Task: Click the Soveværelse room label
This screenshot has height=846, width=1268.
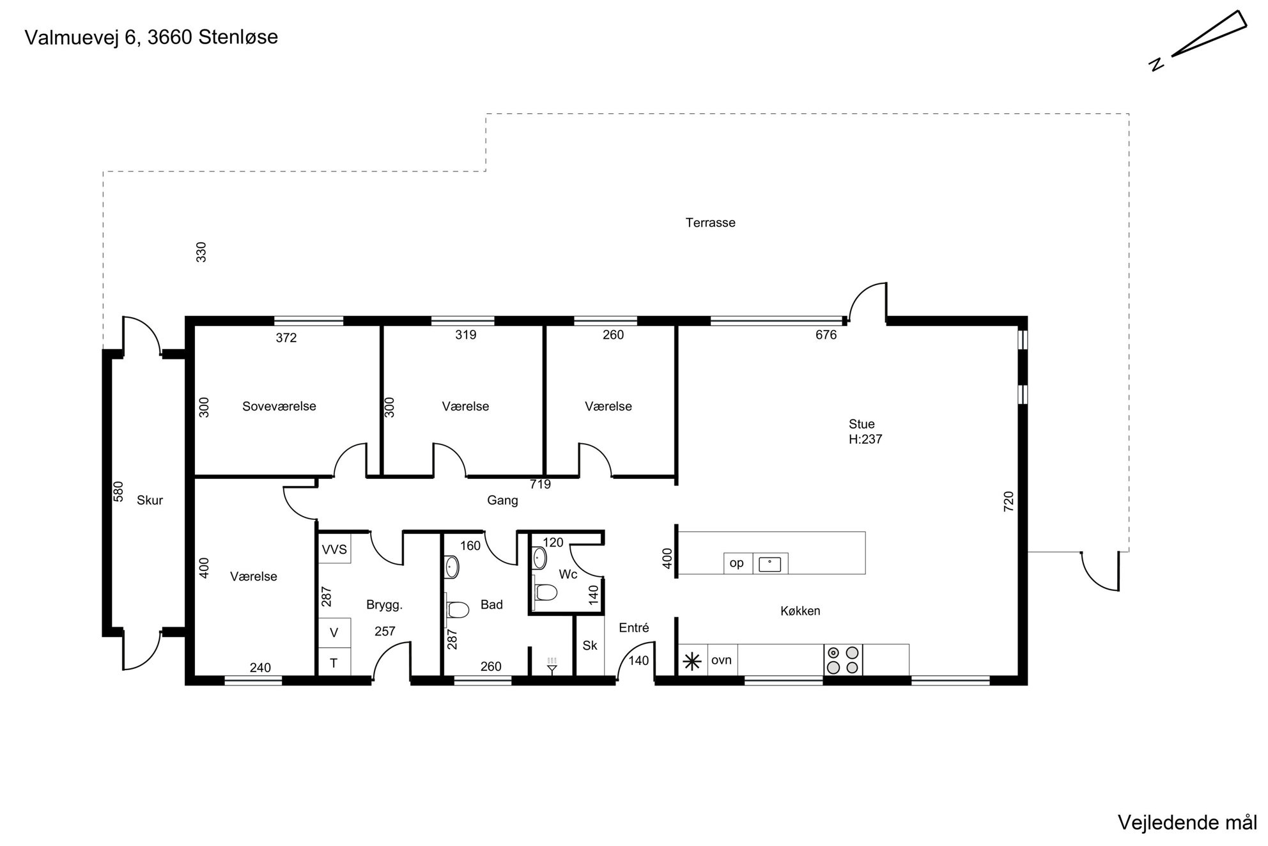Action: point(279,407)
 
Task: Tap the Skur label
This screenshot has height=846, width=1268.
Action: point(150,501)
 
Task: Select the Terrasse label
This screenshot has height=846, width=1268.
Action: point(711,223)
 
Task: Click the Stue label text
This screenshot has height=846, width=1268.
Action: point(862,424)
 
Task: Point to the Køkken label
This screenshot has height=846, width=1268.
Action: point(800,611)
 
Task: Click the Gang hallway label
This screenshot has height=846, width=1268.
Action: point(502,501)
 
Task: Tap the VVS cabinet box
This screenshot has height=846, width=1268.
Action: point(334,549)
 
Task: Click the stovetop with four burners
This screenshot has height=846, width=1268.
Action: point(843,660)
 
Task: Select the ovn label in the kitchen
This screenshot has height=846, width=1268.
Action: point(722,660)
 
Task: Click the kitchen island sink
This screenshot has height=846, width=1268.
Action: point(770,564)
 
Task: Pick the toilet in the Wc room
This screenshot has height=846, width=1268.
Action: point(545,592)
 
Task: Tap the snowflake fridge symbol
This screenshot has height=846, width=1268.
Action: point(692,661)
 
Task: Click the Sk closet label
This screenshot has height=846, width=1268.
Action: point(590,646)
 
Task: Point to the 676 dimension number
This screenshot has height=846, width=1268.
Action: point(826,335)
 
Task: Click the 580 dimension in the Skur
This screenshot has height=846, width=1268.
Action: point(118,491)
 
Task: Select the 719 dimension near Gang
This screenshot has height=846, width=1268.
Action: point(540,484)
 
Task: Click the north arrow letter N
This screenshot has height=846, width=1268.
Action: point(1156,64)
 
